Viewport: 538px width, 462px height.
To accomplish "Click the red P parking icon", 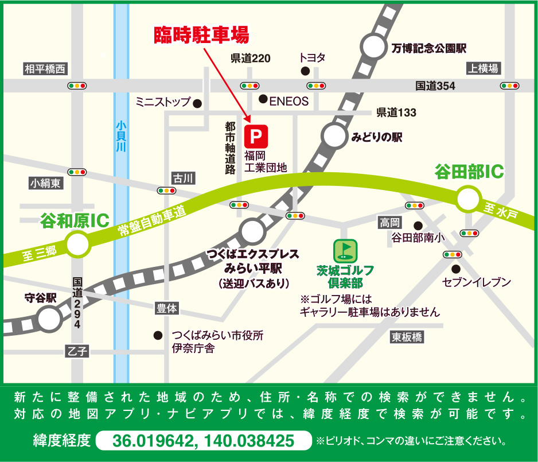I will click(x=256, y=137).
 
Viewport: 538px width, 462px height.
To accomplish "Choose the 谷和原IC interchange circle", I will click(x=77, y=246).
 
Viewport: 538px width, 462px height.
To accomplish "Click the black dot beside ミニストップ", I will click(x=197, y=103).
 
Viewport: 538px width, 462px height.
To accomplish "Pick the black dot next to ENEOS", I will click(x=263, y=99).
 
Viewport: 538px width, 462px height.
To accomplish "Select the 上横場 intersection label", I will click(x=484, y=68).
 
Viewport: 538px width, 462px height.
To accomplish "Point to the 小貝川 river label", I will click(x=120, y=135).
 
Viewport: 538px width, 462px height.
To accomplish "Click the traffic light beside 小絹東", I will click(x=76, y=172).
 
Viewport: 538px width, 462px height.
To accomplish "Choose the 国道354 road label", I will click(x=435, y=86).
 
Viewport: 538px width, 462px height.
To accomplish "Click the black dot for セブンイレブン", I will click(x=455, y=269).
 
